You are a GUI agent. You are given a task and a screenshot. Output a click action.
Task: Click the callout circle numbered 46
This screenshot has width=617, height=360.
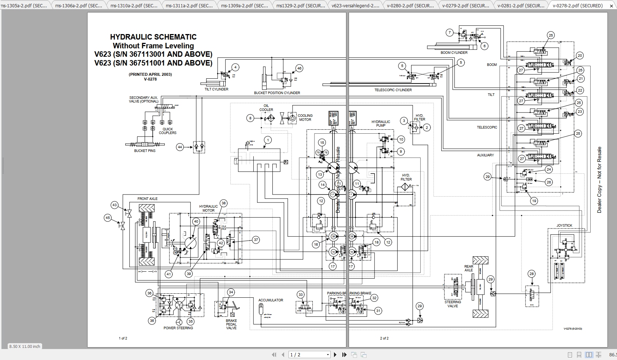[299, 68]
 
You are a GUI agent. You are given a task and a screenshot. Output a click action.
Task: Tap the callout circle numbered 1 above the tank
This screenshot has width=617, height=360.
[268, 140]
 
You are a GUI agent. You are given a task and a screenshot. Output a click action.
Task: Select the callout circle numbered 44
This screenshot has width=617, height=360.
[180, 147]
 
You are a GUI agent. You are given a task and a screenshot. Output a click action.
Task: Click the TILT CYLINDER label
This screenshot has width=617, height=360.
[216, 89]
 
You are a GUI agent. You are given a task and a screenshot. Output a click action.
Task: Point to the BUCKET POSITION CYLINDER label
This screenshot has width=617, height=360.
[277, 93]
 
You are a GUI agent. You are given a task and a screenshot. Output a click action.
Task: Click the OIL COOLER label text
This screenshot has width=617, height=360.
[266, 108]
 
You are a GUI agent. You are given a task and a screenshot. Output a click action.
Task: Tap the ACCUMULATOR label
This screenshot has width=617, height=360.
[271, 300]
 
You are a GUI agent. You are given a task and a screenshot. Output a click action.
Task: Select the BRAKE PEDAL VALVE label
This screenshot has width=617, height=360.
[231, 324]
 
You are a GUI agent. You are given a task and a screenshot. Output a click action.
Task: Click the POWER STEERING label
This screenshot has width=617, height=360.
[178, 328]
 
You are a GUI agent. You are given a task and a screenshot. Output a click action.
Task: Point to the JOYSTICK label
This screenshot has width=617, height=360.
[564, 226]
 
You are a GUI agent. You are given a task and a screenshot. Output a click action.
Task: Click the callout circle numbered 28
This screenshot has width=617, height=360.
[532, 274]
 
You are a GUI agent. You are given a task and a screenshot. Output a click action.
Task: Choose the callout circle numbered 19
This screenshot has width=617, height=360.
[534, 201]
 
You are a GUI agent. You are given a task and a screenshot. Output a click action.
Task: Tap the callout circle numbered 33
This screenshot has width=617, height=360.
[301, 295]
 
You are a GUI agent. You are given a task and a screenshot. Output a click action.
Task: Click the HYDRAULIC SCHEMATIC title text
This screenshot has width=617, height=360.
[153, 37]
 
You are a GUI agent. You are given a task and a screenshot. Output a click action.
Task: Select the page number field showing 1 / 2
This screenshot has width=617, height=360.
[310, 355]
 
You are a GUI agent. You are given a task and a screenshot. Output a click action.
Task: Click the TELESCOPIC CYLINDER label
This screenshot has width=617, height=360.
[393, 90]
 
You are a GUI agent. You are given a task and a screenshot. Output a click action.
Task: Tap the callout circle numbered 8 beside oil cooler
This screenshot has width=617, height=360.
[250, 118]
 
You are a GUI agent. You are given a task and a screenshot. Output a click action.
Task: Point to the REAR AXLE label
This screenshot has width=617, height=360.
[469, 268]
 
